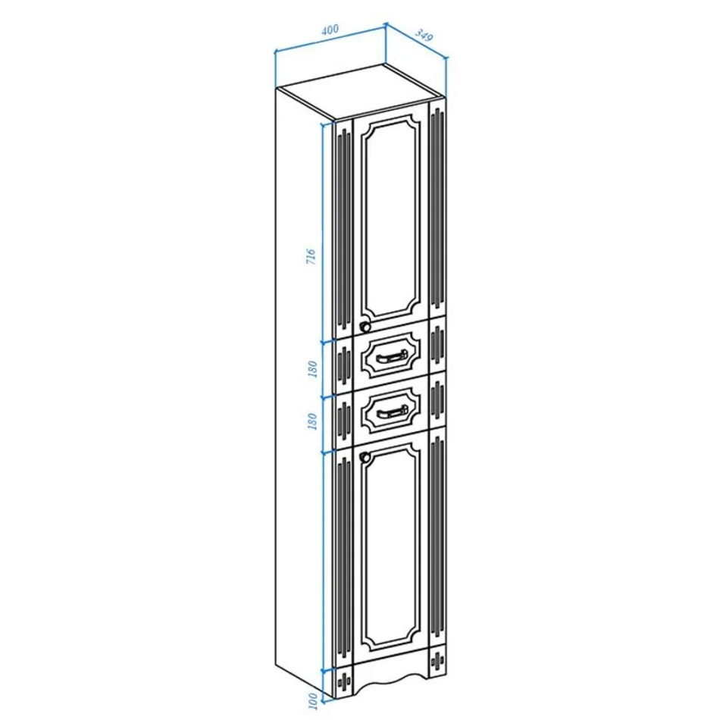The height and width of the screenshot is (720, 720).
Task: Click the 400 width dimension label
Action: click(x=330, y=30)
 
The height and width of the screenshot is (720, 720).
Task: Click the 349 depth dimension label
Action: click(x=424, y=35)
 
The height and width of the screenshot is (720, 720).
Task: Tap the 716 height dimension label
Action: click(x=311, y=256)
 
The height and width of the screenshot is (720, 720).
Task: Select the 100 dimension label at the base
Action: click(x=313, y=700)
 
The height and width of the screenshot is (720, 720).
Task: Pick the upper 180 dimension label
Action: click(x=312, y=369)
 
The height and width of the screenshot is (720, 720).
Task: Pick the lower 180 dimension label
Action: click(x=312, y=421)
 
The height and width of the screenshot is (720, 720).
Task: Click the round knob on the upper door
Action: click(x=365, y=327)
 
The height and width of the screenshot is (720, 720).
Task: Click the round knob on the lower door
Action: click(x=365, y=457)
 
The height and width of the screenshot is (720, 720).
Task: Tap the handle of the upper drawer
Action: click(x=391, y=357)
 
